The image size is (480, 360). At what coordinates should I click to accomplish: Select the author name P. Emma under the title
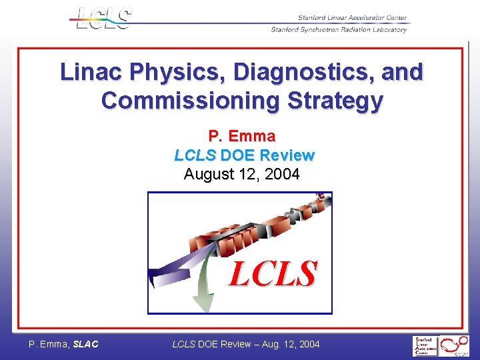click(241, 137)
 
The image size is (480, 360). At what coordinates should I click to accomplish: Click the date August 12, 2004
click(241, 175)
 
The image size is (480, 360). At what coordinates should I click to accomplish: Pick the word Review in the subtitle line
click(287, 155)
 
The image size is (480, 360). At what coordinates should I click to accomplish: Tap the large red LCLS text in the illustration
click(273, 273)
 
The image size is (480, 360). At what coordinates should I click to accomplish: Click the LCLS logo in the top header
click(104, 18)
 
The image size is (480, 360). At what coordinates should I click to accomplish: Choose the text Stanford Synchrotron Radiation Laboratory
click(339, 29)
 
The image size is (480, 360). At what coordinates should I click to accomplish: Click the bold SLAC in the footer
click(85, 344)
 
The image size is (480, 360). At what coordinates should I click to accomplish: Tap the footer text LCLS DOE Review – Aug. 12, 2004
click(246, 344)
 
